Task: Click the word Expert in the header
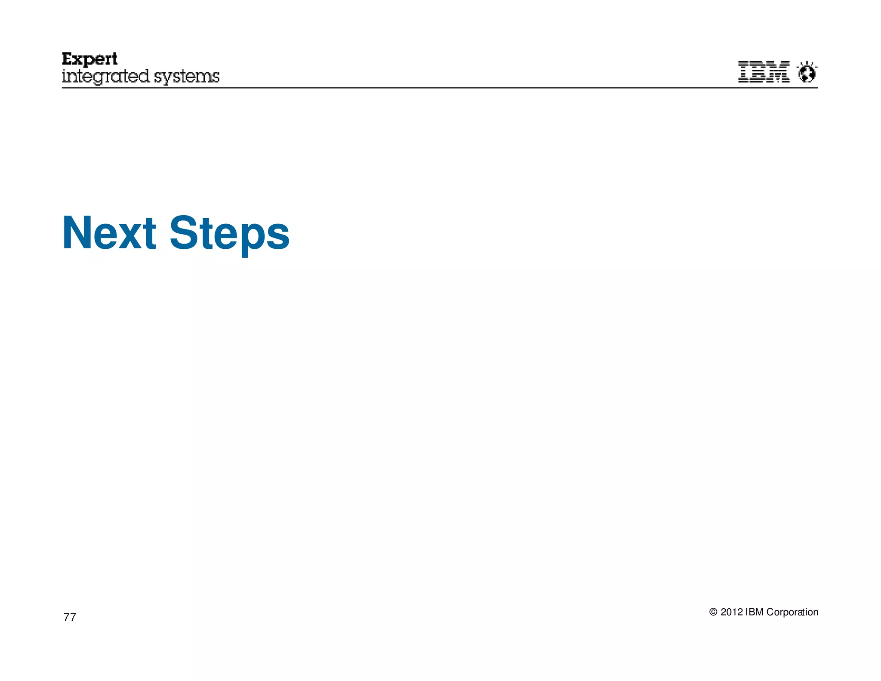point(89,59)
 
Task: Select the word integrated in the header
point(106,77)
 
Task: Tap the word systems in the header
point(187,77)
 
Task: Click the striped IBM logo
point(764,72)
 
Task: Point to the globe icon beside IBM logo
point(807,73)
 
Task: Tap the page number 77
point(70,617)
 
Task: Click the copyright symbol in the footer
point(713,612)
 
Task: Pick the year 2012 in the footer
point(732,612)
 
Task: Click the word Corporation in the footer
point(792,612)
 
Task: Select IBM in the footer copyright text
point(755,612)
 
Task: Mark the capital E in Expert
point(68,59)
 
